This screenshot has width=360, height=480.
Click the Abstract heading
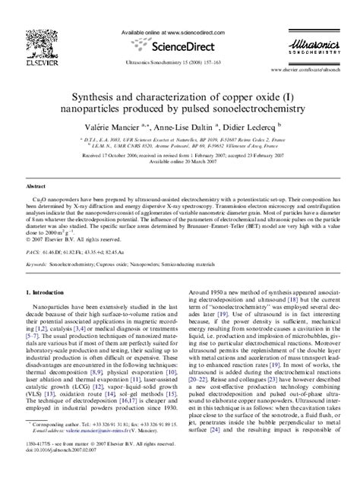(x=37, y=164)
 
